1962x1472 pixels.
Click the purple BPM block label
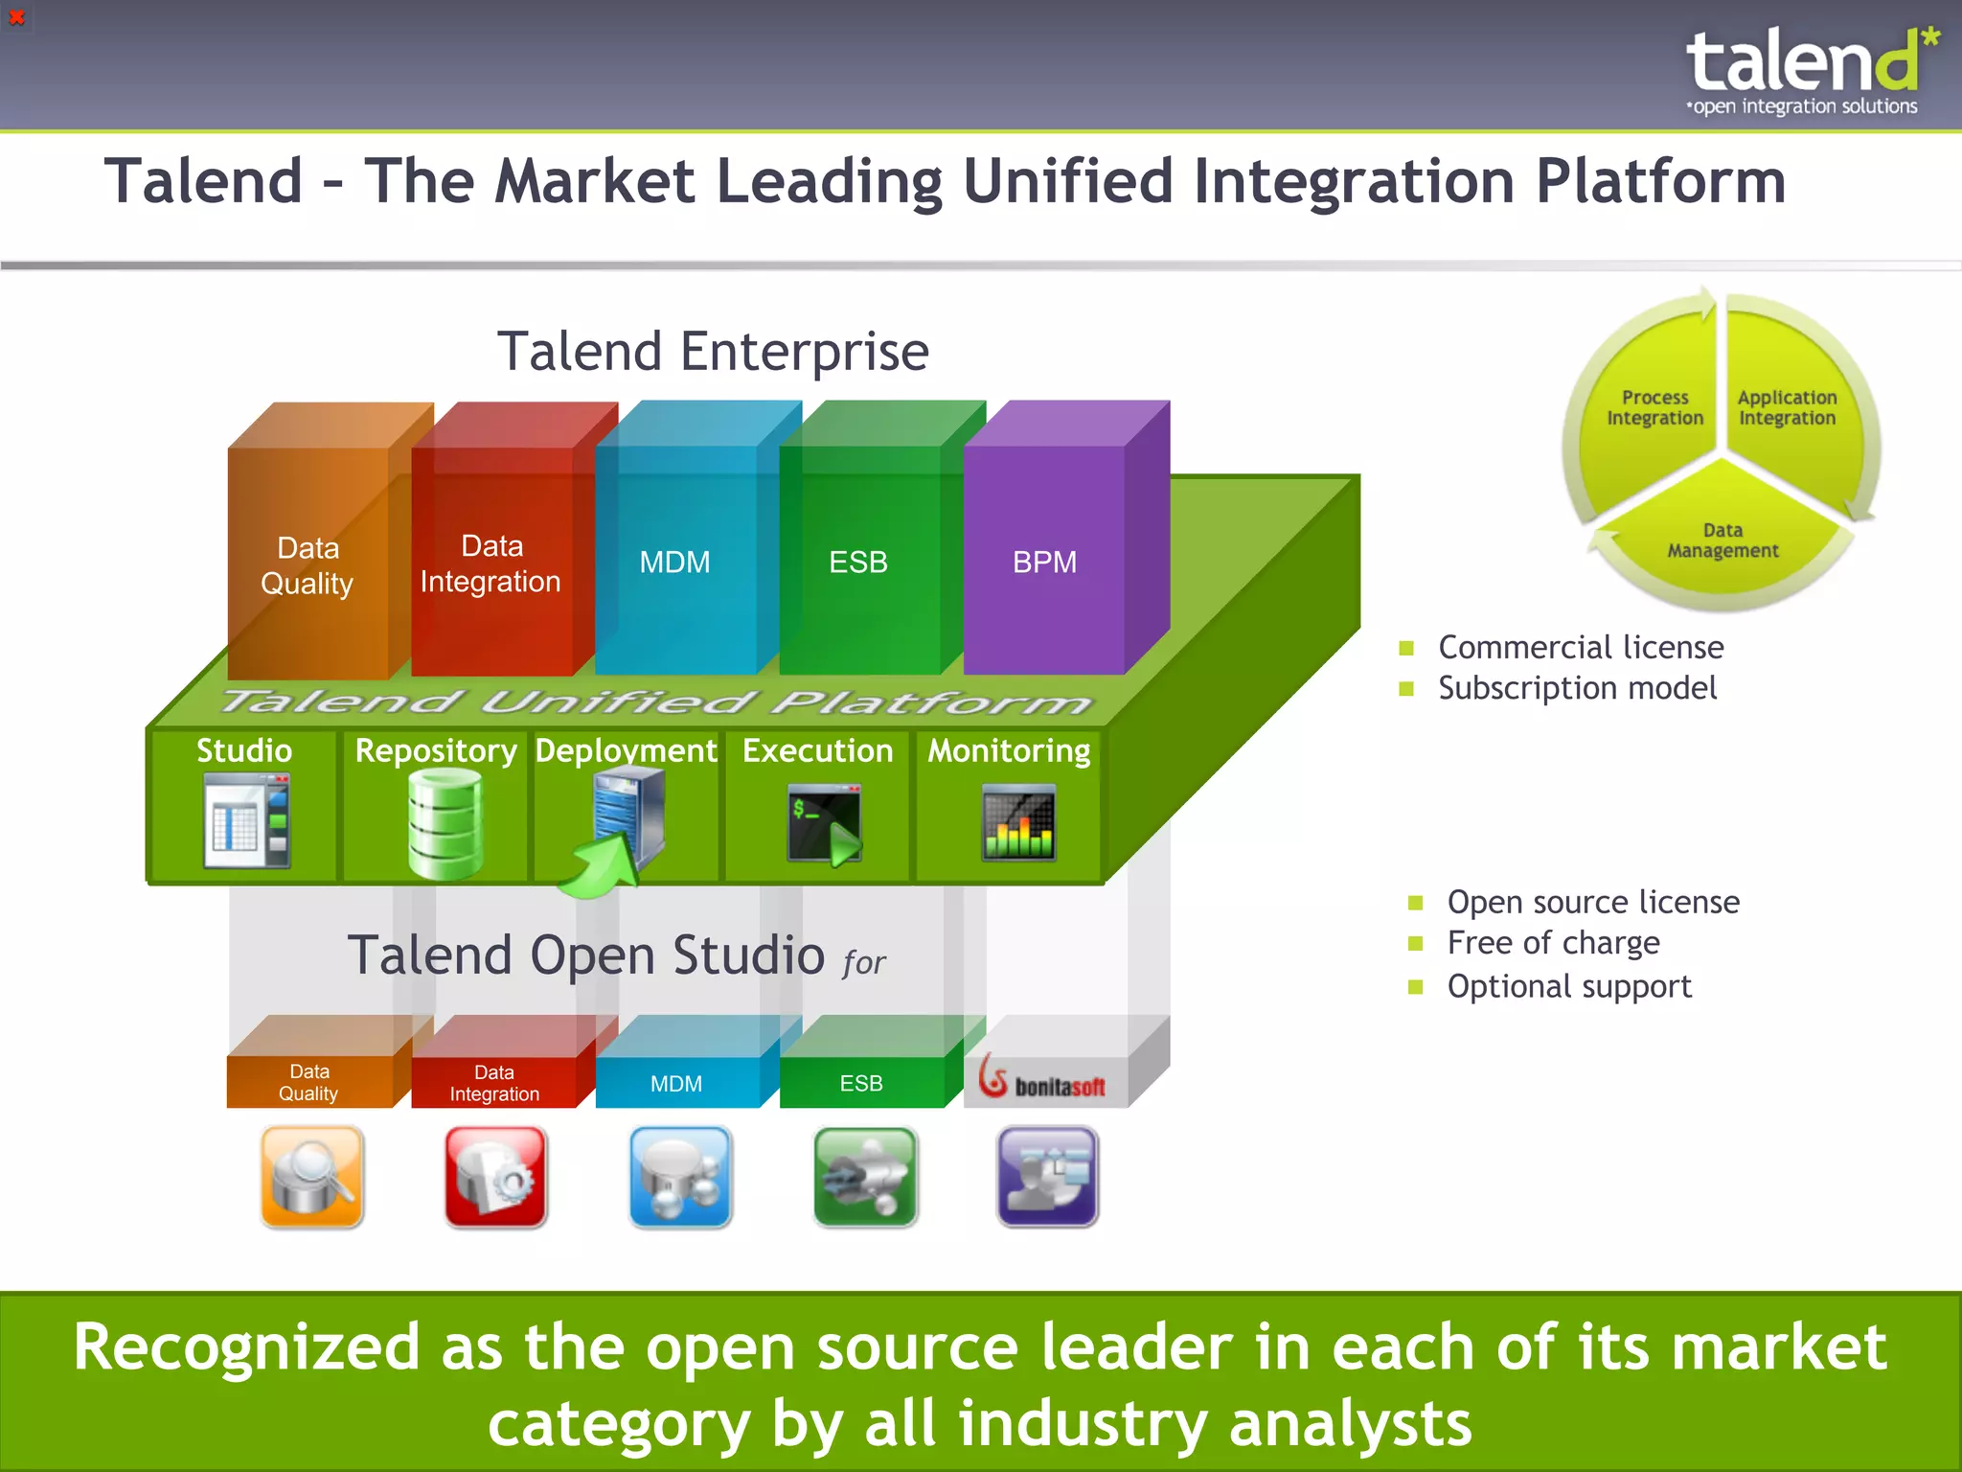coord(1044,562)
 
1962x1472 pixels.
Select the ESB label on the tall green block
coord(857,562)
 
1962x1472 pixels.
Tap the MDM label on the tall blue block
coord(674,562)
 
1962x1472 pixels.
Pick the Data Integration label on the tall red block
coord(490,563)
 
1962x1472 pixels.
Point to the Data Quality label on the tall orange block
coord(308,565)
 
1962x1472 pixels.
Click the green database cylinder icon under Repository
coord(444,824)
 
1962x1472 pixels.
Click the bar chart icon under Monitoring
coord(1018,823)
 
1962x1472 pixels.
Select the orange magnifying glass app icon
coord(312,1177)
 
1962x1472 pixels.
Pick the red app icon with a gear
coord(496,1177)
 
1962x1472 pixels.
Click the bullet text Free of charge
coord(1553,943)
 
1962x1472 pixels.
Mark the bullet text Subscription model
coord(1577,688)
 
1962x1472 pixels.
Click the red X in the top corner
coord(16,17)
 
